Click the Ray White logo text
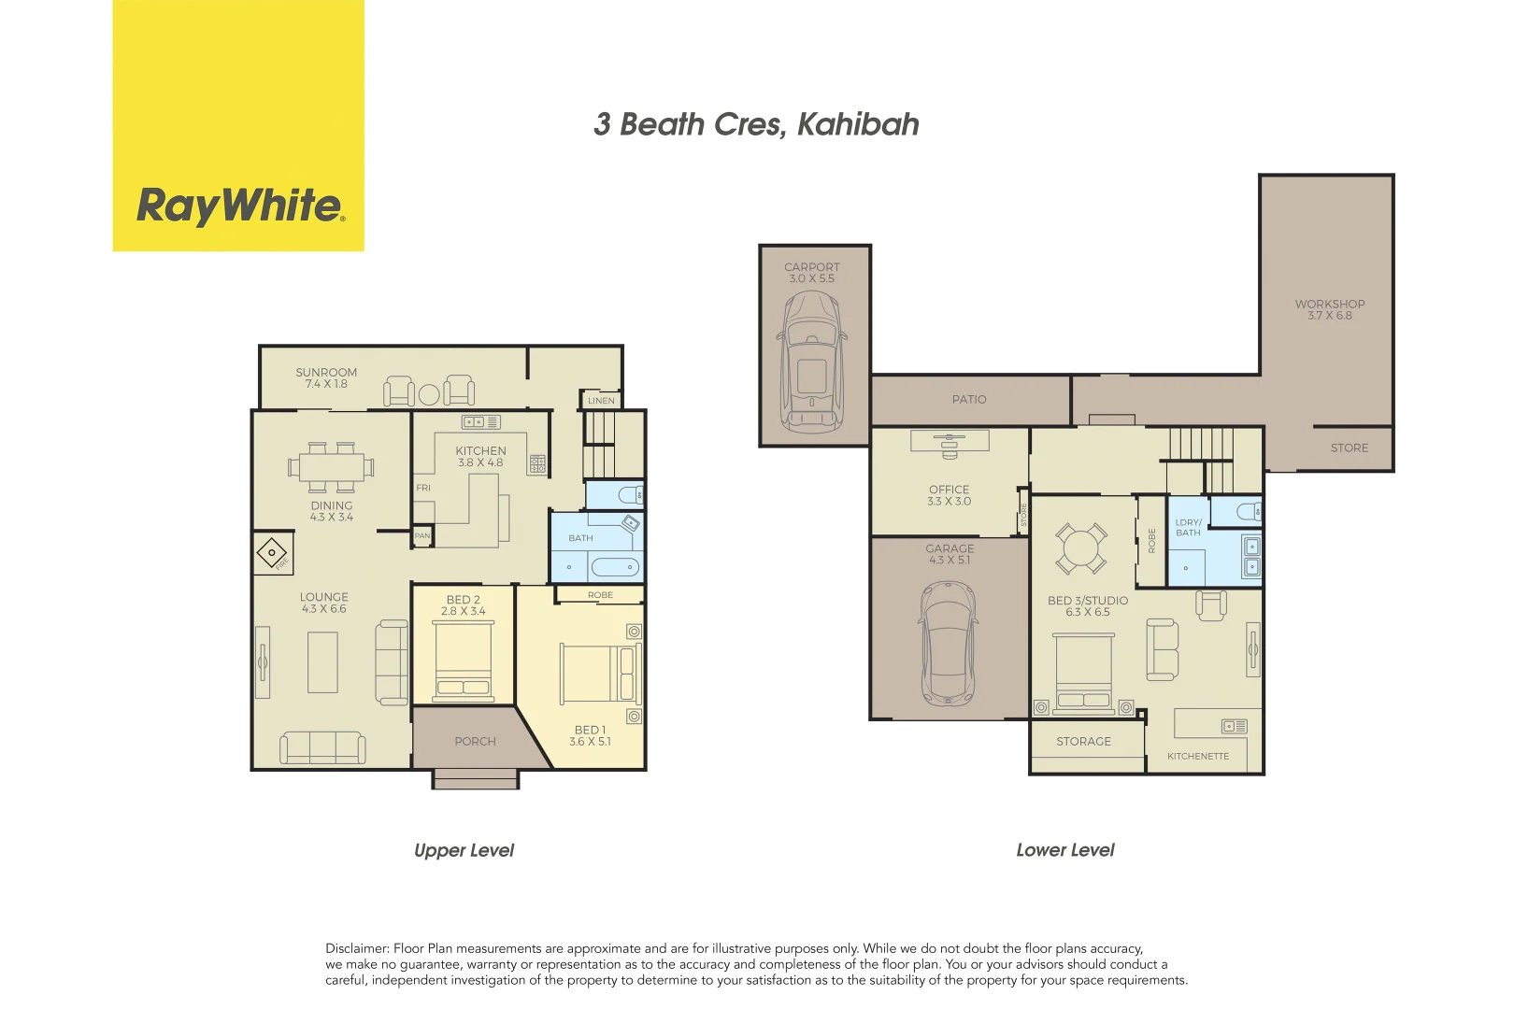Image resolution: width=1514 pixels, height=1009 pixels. [240, 206]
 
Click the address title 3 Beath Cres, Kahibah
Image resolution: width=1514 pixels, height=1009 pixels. [756, 124]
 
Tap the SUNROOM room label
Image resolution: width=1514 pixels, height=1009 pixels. [326, 372]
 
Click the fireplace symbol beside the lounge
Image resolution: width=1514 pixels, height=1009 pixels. [272, 553]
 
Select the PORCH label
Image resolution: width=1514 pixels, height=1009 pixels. [475, 742]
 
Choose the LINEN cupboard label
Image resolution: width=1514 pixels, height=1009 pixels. [601, 401]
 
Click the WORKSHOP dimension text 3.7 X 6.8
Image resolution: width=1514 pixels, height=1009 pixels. [1329, 316]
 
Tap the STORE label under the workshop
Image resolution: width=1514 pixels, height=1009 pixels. [1349, 448]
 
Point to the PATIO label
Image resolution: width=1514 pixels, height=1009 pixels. [969, 400]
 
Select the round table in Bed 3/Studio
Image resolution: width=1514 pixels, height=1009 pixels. [1081, 547]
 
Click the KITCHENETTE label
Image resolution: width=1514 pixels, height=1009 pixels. [1197, 757]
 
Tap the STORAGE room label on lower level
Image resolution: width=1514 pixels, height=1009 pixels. [1083, 742]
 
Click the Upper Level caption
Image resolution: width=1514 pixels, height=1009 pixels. [464, 850]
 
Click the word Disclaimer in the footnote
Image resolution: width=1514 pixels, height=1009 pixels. [356, 948]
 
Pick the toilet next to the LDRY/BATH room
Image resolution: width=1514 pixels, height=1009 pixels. [1249, 511]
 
